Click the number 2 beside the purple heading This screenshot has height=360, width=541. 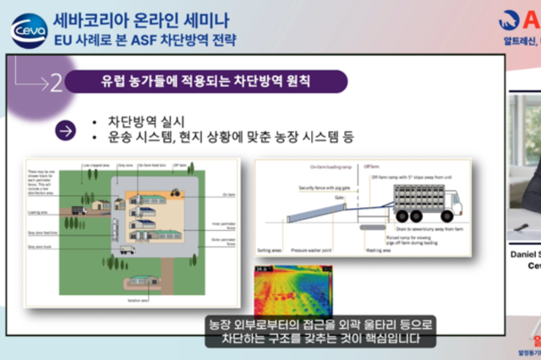55,83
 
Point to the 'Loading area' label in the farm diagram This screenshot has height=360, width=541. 36,188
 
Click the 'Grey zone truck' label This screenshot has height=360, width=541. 40,223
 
